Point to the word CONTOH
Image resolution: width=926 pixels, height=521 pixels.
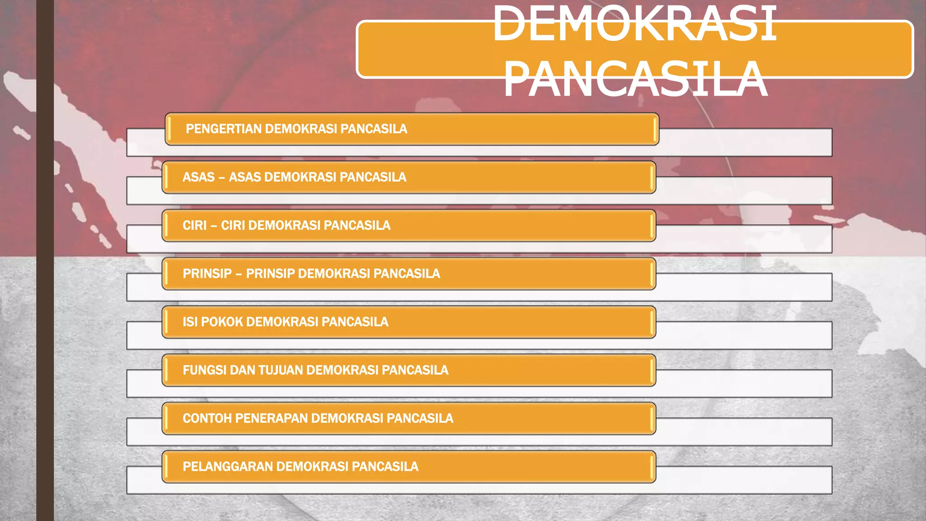point(207,418)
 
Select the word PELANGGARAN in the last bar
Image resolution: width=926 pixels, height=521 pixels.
point(227,467)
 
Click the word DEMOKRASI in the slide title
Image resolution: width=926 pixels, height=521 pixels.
point(634,24)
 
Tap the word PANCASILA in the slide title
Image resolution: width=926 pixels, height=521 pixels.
point(635,79)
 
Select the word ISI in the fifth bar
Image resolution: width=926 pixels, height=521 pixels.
point(190,322)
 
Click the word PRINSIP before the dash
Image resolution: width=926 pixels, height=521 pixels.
point(207,274)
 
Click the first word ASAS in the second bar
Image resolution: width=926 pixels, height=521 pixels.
point(198,177)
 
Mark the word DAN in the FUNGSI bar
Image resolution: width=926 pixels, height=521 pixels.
point(242,370)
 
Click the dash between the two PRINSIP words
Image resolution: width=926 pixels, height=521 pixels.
point(239,274)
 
